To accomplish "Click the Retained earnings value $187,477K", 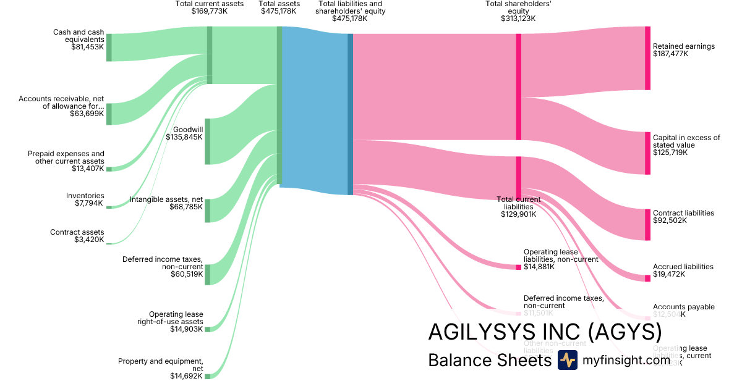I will click(670, 54).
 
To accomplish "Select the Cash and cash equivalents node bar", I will click(109, 48).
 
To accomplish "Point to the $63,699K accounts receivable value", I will click(87, 114).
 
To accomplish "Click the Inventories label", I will click(85, 196).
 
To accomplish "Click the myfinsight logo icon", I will click(567, 360).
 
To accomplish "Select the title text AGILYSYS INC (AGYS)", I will click(545, 333).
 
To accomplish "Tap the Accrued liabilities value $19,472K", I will click(669, 274).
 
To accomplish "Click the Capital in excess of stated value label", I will click(686, 141).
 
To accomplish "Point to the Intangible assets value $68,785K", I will click(186, 207).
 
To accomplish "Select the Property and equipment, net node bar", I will click(207, 376).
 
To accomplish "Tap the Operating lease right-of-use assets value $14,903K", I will click(186, 329).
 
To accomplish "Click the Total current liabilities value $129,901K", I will click(518, 214).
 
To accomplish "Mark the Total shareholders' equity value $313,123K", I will click(518, 19).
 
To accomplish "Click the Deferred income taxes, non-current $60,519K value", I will click(186, 274).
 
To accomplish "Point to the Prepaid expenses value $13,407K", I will click(87, 169).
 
